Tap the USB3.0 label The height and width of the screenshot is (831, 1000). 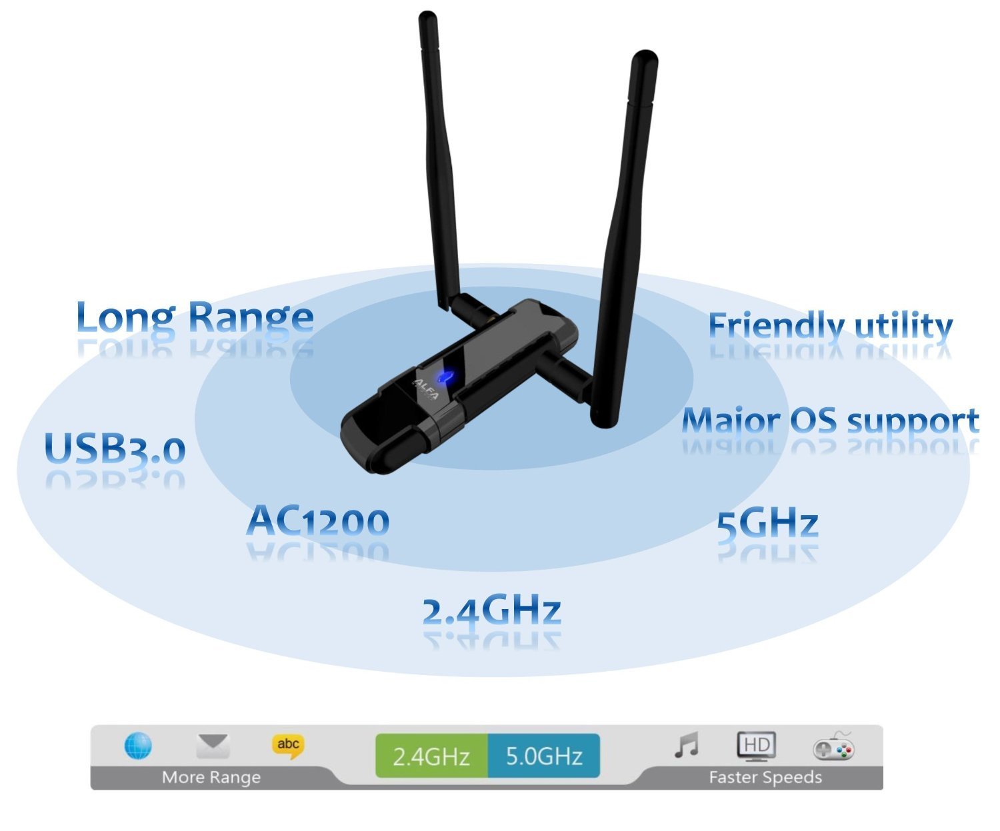point(115,448)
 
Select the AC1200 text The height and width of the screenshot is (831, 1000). point(318,521)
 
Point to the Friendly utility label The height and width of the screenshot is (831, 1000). point(830,327)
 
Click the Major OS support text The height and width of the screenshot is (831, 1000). point(830,421)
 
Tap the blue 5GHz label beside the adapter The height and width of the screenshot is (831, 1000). point(767,524)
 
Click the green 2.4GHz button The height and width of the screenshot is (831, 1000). point(431,756)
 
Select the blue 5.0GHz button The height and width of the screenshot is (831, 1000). point(544,756)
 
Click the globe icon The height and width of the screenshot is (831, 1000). point(138,746)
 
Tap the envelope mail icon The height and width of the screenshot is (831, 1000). point(213,746)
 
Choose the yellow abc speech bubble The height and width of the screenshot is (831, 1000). point(288,746)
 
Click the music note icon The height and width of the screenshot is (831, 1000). point(687,745)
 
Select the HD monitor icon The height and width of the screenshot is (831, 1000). point(757,746)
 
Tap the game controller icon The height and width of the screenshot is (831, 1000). point(833,748)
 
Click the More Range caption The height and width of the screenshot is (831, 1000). point(211,778)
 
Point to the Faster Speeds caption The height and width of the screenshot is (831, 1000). point(765,778)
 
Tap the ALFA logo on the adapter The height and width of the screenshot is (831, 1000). point(426,390)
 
